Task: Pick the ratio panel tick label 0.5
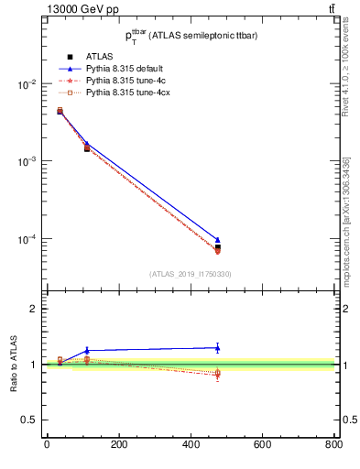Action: tap(29, 420)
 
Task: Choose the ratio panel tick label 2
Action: tap(33, 309)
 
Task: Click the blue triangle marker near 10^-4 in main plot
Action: tap(217, 240)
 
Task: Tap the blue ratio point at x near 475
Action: tap(217, 347)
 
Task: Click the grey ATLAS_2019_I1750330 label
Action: tap(190, 273)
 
